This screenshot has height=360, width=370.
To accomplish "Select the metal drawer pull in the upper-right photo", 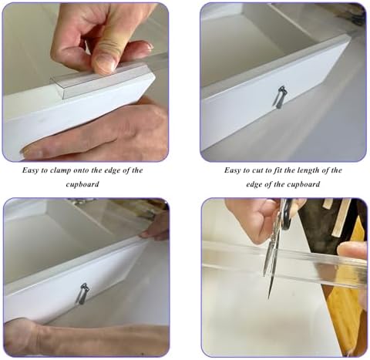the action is tap(280, 97).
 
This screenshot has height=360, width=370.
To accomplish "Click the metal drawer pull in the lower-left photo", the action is tap(82, 294).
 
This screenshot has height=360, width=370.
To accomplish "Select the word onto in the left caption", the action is tap(82, 170).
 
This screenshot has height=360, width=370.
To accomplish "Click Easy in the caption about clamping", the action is tap(30, 170).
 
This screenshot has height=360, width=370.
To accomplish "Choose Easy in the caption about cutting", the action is tap(232, 170).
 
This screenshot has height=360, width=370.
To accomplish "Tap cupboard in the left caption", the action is tap(82, 184).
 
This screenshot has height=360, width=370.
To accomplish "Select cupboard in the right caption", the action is tap(304, 184).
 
